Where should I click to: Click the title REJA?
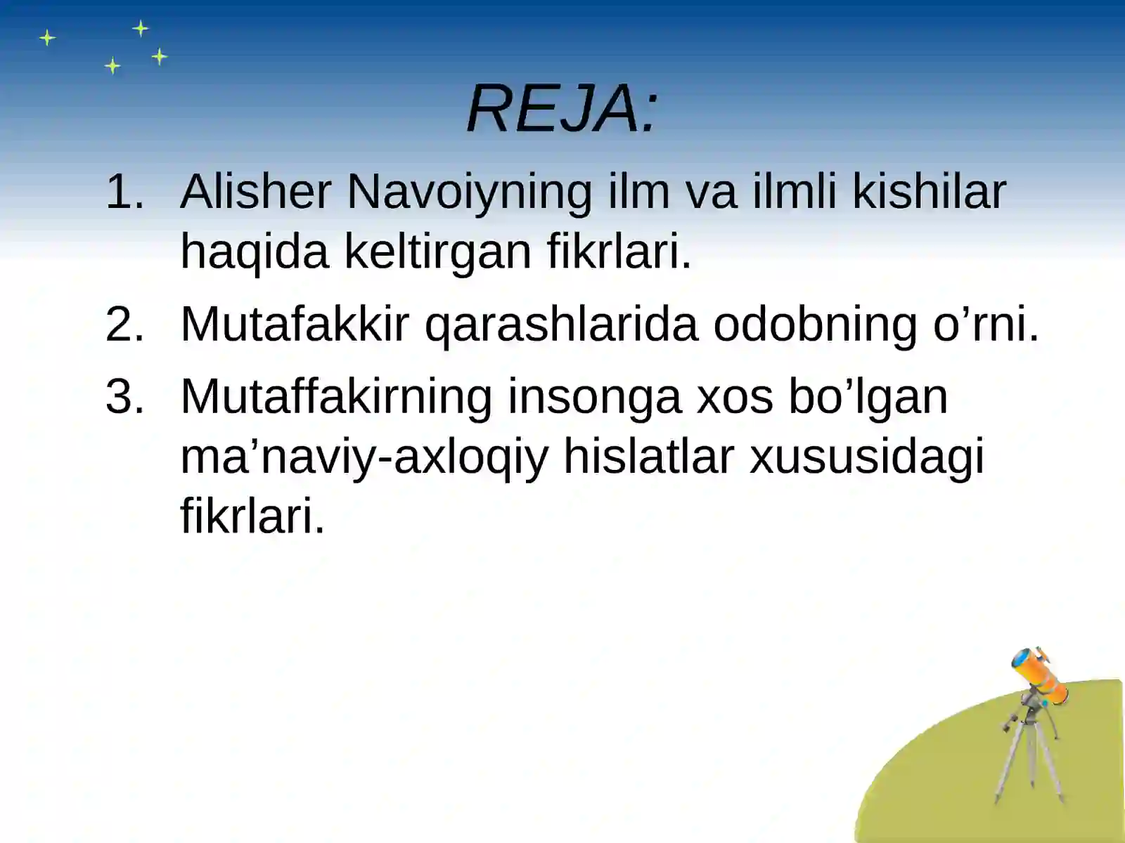click(562, 109)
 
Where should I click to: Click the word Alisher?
click(255, 191)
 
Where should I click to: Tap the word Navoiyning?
click(469, 192)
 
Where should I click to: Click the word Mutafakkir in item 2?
click(295, 325)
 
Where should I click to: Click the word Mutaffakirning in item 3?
click(336, 398)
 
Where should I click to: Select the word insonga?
click(594, 398)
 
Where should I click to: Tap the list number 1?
click(124, 191)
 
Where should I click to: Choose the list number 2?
click(124, 325)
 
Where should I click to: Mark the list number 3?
click(124, 397)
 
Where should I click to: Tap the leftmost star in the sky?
click(47, 37)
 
